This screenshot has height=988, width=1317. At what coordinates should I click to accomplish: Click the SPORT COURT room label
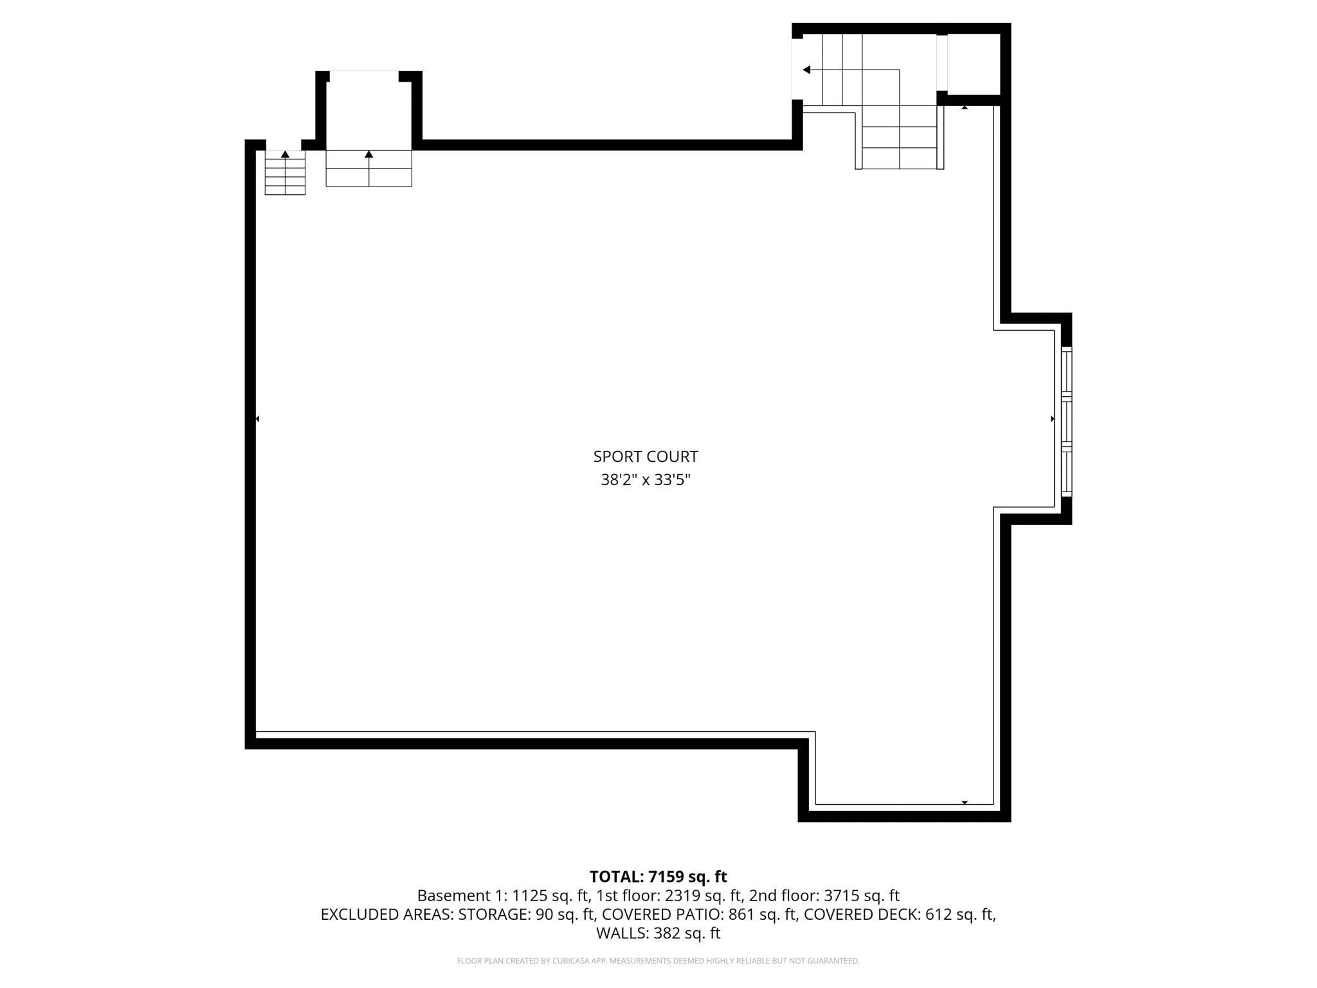(645, 457)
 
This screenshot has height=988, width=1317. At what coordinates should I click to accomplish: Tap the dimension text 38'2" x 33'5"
(645, 480)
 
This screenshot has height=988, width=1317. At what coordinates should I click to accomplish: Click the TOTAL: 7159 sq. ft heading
(658, 877)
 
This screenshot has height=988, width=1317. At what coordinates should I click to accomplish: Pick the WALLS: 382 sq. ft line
(658, 933)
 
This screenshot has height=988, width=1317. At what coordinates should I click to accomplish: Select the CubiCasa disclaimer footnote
(658, 961)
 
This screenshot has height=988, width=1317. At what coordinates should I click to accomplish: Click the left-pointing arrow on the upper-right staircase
(806, 69)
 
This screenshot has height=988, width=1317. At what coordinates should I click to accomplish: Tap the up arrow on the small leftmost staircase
(285, 154)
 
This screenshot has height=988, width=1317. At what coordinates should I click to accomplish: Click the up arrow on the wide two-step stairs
(368, 154)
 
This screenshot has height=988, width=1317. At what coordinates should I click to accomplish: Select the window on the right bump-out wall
(1066, 421)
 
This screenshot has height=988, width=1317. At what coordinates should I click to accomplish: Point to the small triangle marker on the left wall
(257, 419)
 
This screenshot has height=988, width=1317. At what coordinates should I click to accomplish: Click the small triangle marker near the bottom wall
(964, 802)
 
